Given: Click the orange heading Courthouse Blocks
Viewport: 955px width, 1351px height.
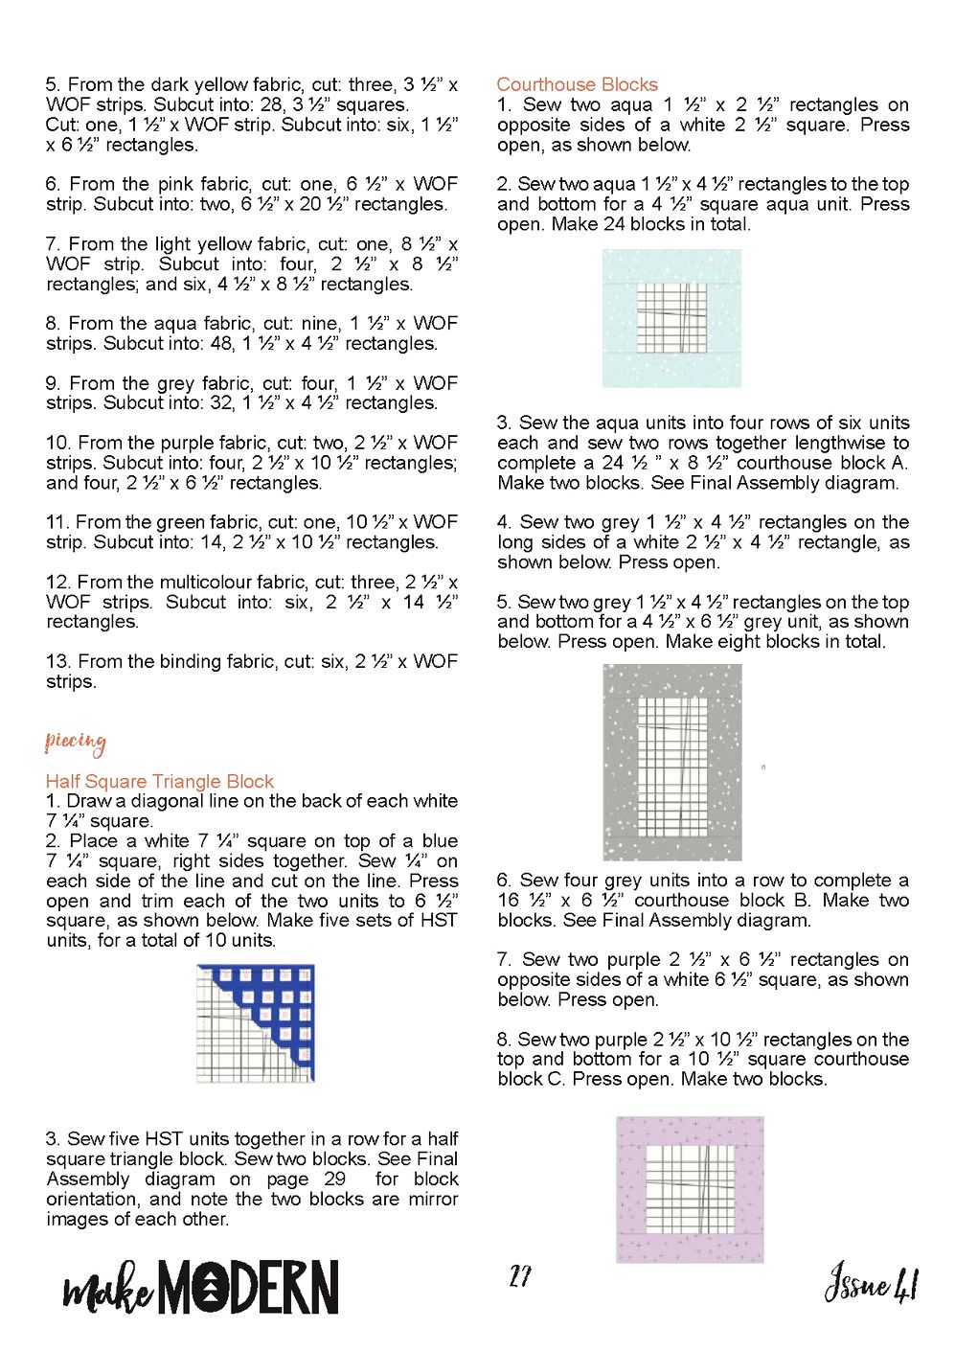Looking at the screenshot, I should (x=577, y=84).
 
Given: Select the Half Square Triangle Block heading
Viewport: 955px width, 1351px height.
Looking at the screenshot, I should (x=159, y=781).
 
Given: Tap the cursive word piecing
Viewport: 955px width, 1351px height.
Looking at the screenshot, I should (x=75, y=742).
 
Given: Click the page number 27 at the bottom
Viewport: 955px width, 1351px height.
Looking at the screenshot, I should (x=520, y=1276).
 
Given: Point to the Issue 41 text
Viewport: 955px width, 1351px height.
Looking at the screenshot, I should (x=871, y=1282).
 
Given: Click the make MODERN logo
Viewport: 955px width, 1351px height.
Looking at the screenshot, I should (x=201, y=1287).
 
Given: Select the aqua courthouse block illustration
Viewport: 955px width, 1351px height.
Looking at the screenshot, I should (x=671, y=318).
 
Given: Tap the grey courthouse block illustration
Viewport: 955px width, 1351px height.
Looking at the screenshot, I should (x=671, y=762).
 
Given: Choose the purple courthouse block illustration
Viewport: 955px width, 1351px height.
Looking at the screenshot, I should (x=690, y=1189).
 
